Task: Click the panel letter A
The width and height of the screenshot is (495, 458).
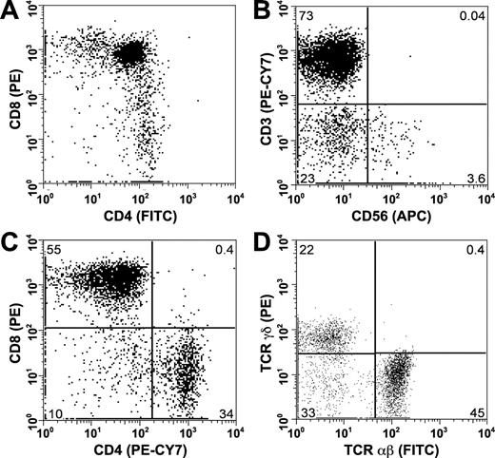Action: click(x=10, y=14)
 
